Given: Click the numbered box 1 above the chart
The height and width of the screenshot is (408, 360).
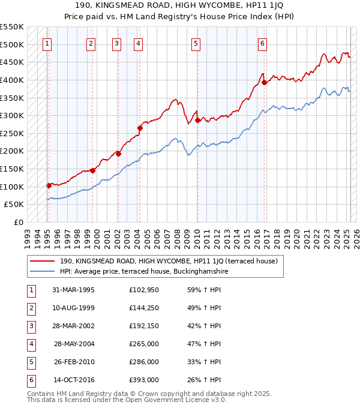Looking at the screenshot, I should coord(47,43).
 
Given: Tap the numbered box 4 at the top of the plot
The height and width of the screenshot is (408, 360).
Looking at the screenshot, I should coord(138,43).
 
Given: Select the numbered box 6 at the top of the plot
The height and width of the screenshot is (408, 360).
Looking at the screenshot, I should coord(263,43).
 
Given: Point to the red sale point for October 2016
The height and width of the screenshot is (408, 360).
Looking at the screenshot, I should coord(264,82).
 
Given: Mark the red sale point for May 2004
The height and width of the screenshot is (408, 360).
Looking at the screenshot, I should coord(140,128).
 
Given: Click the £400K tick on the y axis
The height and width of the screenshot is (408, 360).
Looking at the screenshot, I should coord(12,80).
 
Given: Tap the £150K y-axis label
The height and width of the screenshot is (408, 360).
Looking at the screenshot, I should coord(12,169).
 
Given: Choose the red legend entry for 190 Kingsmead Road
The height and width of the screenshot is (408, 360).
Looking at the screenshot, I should coord(168,262).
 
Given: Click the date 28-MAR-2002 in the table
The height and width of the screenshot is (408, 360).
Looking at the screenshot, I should coord(74,326).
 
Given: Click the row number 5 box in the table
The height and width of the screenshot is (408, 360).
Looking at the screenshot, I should coord(29,362).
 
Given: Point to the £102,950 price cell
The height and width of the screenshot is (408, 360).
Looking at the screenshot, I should coord(144,290).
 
